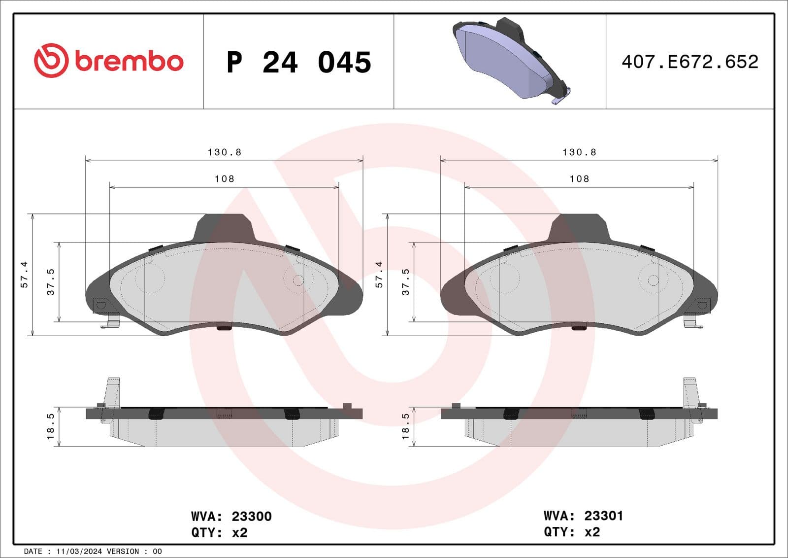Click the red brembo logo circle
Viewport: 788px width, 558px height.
(51, 61)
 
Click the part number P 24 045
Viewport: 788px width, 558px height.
(299, 63)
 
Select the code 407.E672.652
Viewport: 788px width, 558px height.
(689, 62)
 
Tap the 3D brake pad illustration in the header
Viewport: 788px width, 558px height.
(510, 59)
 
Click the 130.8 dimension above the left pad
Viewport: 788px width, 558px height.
(225, 152)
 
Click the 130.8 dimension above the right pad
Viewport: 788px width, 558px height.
(579, 152)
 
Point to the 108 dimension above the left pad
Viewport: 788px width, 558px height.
(225, 179)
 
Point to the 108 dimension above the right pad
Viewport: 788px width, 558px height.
(579, 179)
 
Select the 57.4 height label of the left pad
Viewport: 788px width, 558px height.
(24, 275)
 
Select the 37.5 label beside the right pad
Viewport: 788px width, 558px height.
(405, 282)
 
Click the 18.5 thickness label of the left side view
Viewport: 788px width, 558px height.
(50, 426)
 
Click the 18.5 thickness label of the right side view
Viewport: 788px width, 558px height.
(405, 426)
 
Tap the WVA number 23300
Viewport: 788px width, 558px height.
(251, 516)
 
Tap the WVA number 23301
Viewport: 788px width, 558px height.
(603, 516)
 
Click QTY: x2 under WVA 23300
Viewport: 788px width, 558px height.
(219, 533)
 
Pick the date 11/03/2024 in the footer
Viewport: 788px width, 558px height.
(78, 551)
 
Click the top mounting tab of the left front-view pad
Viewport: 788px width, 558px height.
(224, 227)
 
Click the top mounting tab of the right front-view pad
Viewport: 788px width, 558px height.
(579, 227)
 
